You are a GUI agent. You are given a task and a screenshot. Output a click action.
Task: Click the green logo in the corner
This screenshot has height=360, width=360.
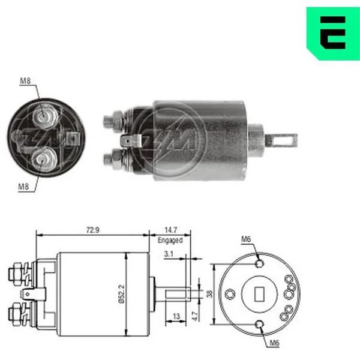tap(333, 33)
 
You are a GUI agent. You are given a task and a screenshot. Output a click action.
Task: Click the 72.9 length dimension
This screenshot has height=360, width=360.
tap(93, 230)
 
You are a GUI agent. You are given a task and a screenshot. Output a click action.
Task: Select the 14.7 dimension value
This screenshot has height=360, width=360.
tap(171, 230)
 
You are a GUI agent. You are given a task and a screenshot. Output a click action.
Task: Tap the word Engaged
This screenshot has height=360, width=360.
tap(170, 240)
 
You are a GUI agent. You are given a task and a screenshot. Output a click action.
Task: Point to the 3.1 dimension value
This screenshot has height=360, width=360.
tap(169, 254)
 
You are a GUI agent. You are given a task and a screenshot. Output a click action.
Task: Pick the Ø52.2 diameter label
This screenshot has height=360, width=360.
tap(122, 294)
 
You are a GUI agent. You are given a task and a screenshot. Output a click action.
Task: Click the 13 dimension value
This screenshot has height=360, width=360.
tap(176, 316)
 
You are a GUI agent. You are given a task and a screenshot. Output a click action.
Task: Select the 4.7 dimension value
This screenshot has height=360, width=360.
tap(194, 316)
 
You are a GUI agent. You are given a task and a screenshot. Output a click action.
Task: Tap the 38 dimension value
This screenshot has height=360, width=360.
tap(209, 294)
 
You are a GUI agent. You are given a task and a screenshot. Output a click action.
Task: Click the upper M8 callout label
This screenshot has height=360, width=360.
tap(25, 81)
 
